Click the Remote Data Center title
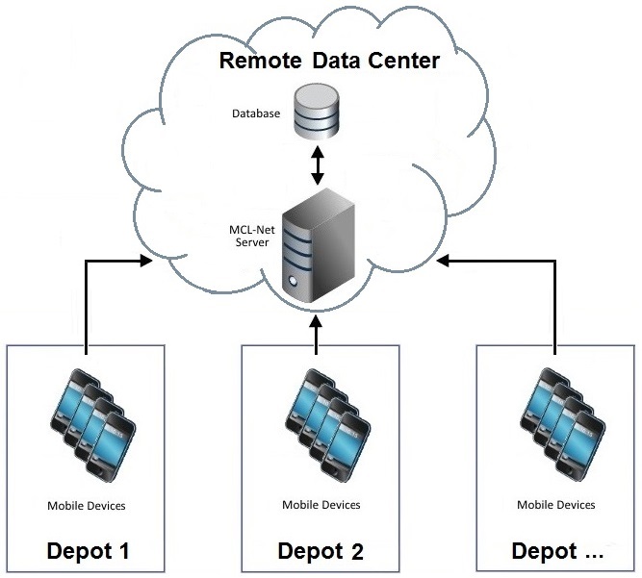tap(329, 62)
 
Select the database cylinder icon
tap(317, 113)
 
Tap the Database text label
tap(256, 113)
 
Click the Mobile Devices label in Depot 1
tap(87, 505)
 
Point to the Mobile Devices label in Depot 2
tap(321, 505)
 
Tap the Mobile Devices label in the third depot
tap(556, 505)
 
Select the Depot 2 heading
tap(321, 551)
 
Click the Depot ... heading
tap(557, 551)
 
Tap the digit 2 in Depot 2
tap(356, 551)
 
